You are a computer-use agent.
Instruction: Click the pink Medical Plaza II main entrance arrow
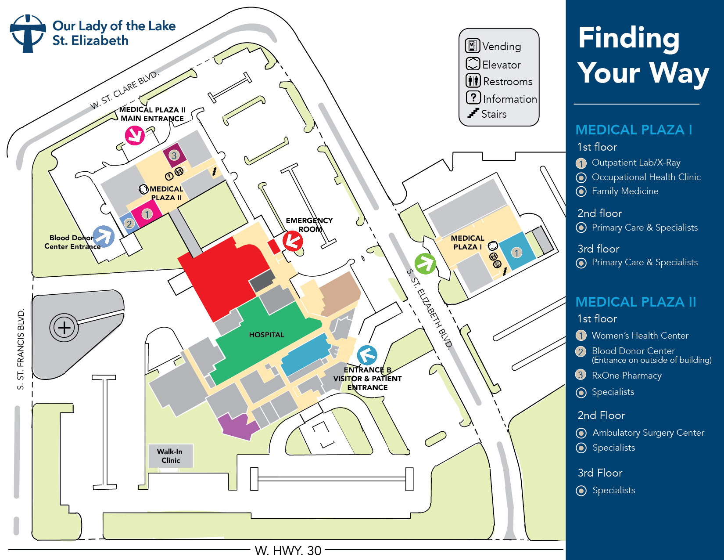pos(135,135)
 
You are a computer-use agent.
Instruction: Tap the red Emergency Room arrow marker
pos(293,240)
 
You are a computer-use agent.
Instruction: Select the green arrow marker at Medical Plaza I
pos(425,264)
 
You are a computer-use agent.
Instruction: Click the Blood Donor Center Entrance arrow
pos(104,236)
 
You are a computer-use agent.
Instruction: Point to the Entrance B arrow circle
pos(367,355)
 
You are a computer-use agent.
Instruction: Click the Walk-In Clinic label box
pos(170,456)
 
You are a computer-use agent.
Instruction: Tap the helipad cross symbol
pos(64,328)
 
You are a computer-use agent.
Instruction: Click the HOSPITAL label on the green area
pos(266,335)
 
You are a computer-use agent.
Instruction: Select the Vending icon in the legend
pos(472,46)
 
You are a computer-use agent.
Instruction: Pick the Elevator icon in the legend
pos(472,64)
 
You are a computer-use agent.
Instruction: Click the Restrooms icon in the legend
pos(473,80)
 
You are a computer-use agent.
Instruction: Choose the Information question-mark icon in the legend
pos(473,98)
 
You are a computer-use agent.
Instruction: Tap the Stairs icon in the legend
pos(473,113)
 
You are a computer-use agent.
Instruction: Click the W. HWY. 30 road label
pos(288,550)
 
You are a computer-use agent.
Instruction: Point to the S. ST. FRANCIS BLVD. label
pos(20,349)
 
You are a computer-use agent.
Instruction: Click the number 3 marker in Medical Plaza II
pos(174,155)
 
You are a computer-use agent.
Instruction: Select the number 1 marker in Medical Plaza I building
pos(517,253)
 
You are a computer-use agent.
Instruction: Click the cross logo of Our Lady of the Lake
pos(28,33)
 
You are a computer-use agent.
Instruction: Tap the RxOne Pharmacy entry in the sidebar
pos(626,376)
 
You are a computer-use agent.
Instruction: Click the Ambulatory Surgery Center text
pos(648,433)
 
